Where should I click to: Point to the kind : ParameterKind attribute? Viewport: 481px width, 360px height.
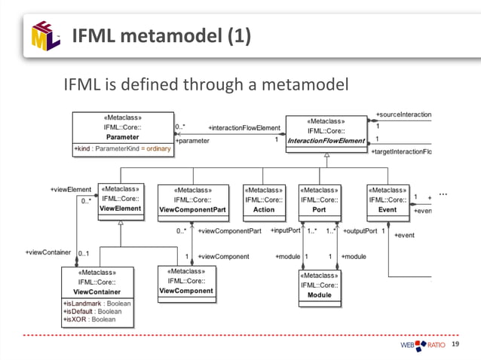point(122,149)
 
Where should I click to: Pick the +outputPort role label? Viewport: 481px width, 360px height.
point(360,231)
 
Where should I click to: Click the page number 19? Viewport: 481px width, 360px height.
point(455,344)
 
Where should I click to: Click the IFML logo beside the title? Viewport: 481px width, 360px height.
point(45,35)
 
